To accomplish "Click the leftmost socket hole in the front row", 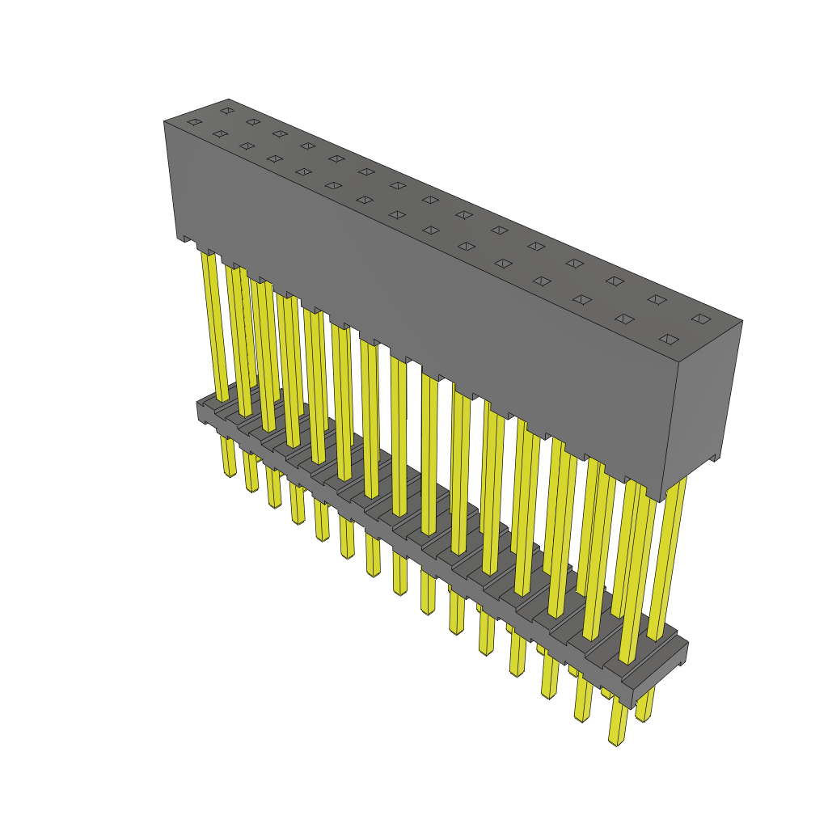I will pos(194,122).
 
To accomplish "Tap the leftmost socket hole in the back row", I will pos(227,110).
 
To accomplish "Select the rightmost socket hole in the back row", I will pos(700,319).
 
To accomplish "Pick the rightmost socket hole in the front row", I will pos(667,339).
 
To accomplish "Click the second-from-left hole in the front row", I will pos(220,133).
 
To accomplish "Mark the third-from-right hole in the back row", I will pos(615,281).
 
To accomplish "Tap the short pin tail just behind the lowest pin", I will pos(644,716).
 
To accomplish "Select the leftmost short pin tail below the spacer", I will pos(229,471).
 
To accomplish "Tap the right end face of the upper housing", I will pos(700,404).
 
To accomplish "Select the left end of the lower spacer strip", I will pos(201,411).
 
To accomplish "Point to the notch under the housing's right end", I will pos(712,458).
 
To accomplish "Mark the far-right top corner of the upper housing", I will pos(741,321).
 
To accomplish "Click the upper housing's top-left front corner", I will pos(164,122).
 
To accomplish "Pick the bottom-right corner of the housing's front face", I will pos(661,501).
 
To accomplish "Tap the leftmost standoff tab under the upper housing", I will pos(188,239).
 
